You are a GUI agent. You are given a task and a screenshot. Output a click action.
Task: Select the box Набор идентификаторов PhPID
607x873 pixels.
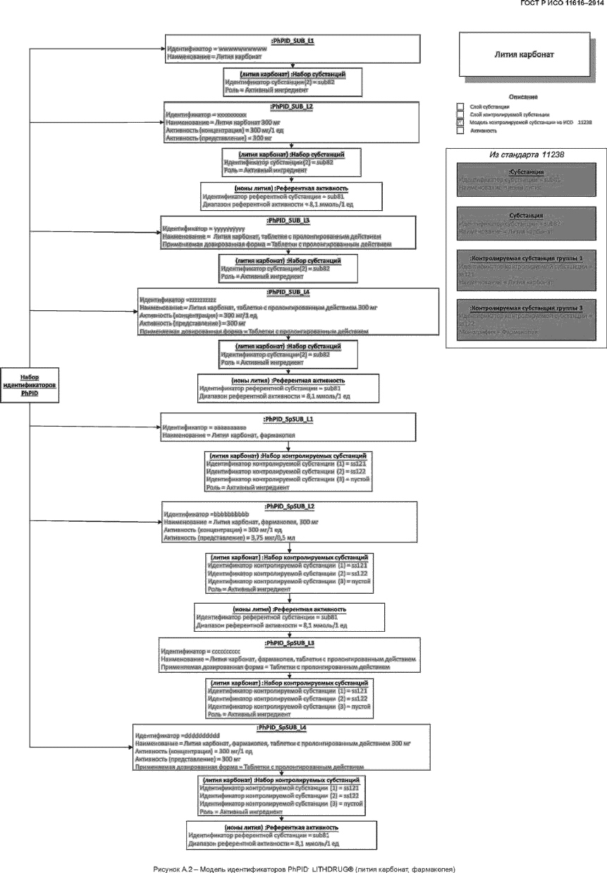point(29,386)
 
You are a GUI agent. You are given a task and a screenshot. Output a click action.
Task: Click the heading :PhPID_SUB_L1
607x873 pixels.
point(292,41)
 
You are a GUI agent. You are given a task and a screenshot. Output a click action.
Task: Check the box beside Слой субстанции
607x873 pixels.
point(460,106)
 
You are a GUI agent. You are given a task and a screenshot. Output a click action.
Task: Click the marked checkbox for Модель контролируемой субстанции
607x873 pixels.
point(460,123)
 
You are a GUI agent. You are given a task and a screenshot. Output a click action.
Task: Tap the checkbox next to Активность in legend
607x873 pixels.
point(460,131)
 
